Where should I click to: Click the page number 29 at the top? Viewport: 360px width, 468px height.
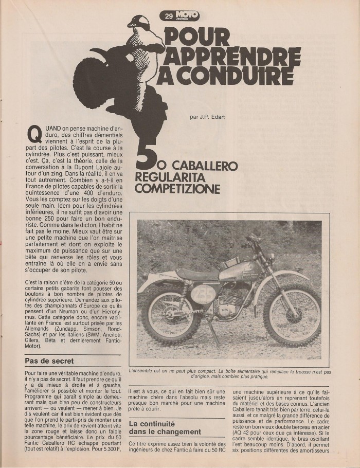coord(169,16)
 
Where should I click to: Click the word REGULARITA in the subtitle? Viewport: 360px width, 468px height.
coord(168,178)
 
